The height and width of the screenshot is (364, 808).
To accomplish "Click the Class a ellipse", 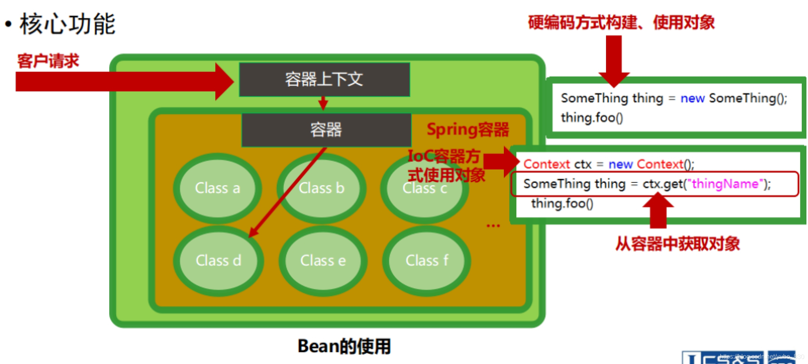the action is click(x=218, y=188).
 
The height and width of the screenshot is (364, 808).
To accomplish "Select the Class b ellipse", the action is click(x=321, y=188).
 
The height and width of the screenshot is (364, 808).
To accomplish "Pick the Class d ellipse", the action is click(x=218, y=261).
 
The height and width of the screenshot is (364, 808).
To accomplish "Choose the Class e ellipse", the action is click(x=323, y=261).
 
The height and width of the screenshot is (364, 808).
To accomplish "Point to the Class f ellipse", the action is click(x=427, y=261).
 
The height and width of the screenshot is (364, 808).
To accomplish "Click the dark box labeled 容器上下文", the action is click(x=324, y=79).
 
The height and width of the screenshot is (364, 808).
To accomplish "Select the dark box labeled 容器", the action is click(x=326, y=130).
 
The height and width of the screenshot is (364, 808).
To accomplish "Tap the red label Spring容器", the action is click(x=468, y=130).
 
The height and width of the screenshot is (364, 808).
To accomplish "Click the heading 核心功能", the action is click(x=67, y=24).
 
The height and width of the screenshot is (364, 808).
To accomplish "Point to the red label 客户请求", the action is click(x=48, y=61).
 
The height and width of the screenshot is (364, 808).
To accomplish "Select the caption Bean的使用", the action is click(x=344, y=346).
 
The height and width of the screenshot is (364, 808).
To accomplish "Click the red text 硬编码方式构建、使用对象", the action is click(x=621, y=22).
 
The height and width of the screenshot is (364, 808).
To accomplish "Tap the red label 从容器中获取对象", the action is click(x=677, y=244).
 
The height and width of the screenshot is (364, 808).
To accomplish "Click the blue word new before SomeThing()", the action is click(x=692, y=98).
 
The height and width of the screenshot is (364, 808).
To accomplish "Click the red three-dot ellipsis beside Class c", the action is click(x=493, y=226).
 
